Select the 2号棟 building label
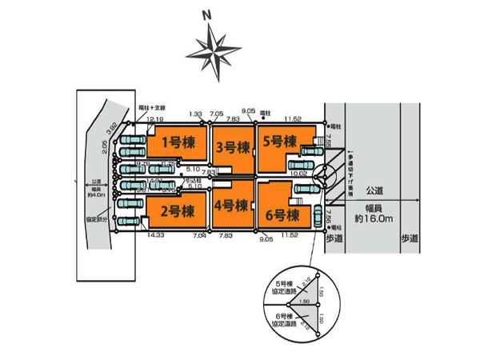[x=176, y=212]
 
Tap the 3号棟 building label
[x=234, y=146]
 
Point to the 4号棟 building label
[x=234, y=204]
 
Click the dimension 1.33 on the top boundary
[x=195, y=114]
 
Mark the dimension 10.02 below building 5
[x=299, y=173]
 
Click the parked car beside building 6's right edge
[x=318, y=216]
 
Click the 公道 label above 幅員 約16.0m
[x=374, y=191]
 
